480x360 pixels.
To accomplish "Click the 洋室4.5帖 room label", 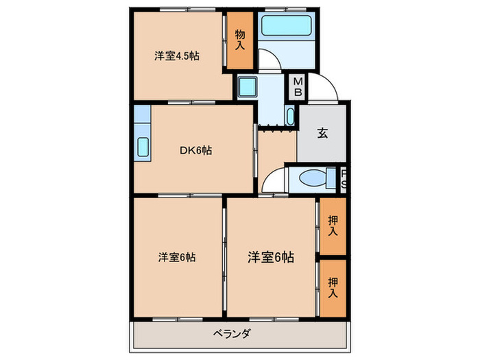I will tap(176, 57).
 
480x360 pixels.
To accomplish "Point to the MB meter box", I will tap(299, 86).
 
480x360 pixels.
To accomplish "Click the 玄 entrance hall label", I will tap(322, 133).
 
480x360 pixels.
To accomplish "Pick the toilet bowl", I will tap(313, 178).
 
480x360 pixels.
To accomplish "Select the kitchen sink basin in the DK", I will tap(143, 147).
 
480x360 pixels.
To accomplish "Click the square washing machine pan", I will tap(247, 87).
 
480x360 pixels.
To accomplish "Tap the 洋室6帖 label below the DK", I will tap(177, 257).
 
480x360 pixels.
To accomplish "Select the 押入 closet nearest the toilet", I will tap(333, 226).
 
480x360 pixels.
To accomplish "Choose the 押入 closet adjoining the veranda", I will tap(333, 287).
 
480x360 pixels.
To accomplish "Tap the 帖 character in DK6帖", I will tap(206, 150).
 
